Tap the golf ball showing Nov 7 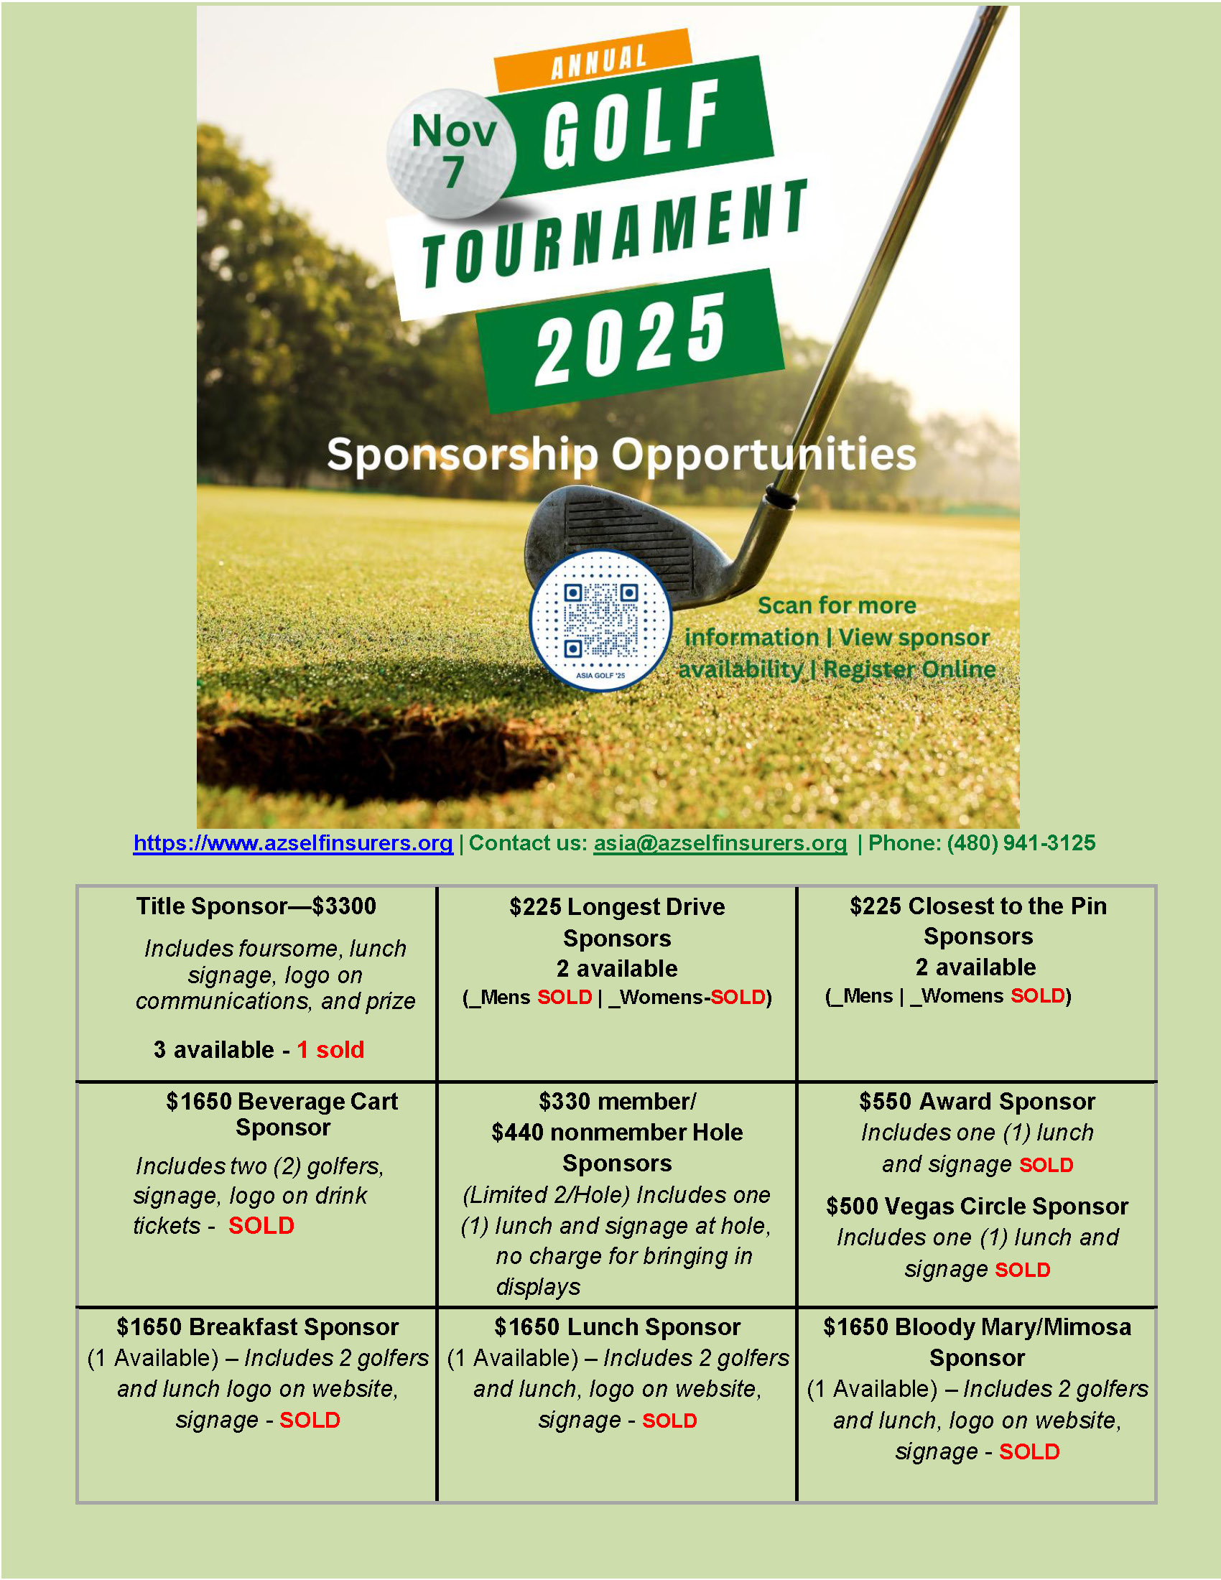coord(451,153)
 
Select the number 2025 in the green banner coord(630,339)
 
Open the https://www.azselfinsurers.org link coord(293,843)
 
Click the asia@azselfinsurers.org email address coord(720,843)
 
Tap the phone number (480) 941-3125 coord(1021,843)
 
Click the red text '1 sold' coord(330,1050)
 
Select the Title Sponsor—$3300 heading coord(256,906)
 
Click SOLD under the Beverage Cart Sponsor coord(261,1225)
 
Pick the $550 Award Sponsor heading coord(977,1101)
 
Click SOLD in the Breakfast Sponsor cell coord(310,1420)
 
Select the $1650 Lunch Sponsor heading coord(617,1326)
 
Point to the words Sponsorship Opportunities coord(621,455)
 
